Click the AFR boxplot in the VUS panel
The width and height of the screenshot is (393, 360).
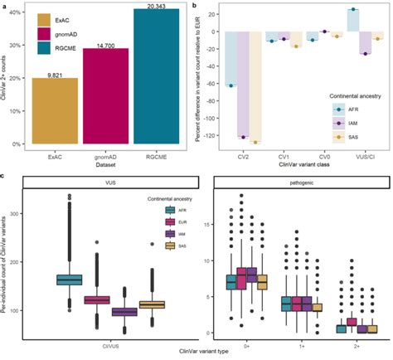point(68,280)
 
